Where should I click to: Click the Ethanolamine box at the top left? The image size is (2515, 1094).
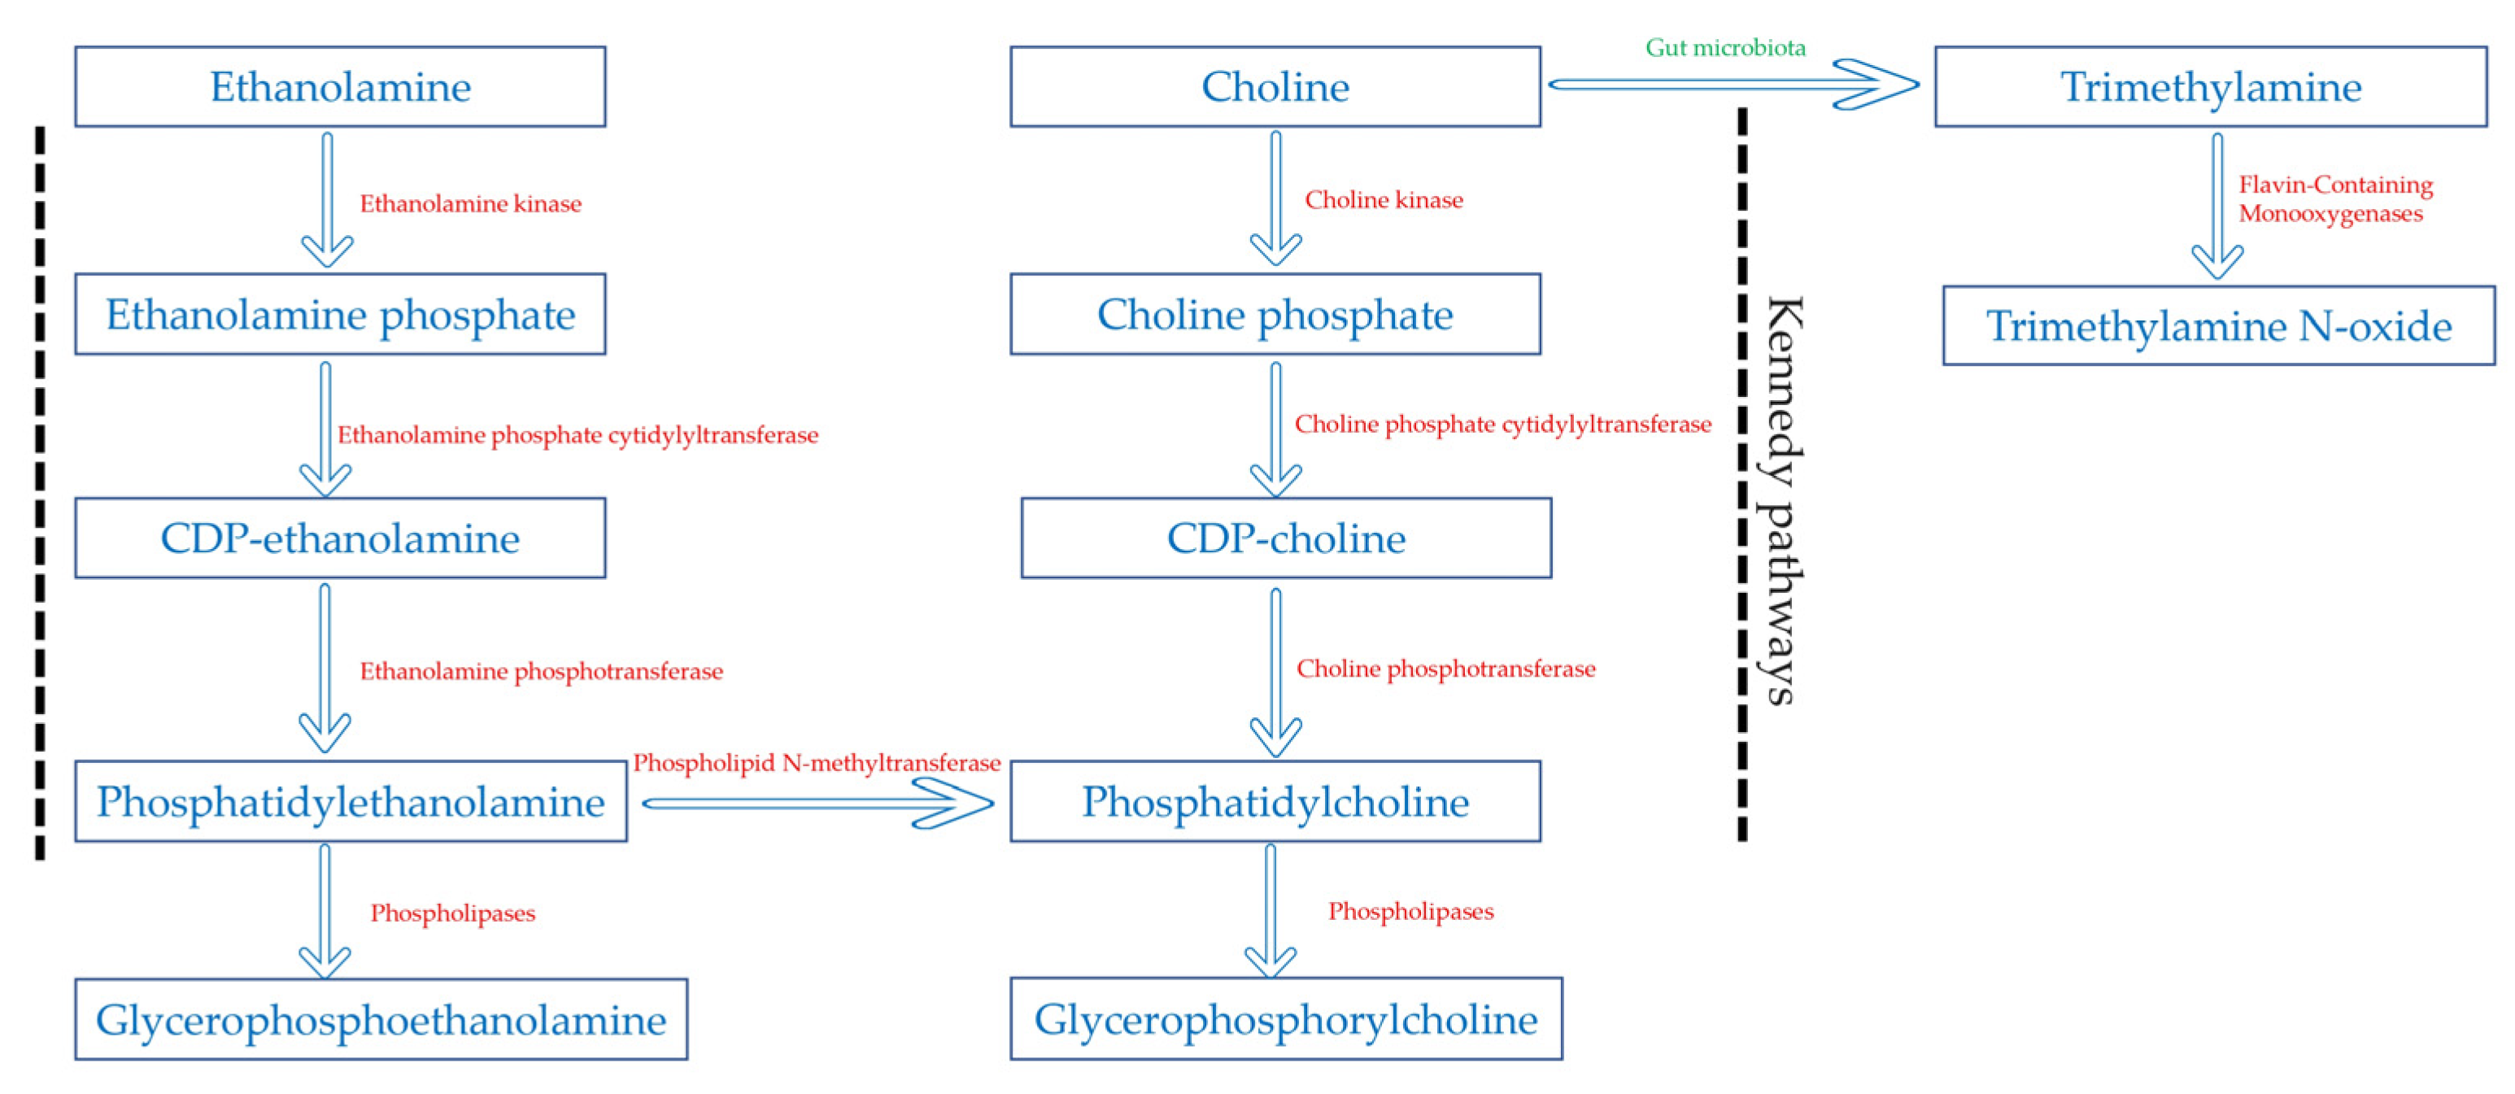coord(340,87)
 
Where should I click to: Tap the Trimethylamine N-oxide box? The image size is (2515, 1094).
coord(2218,326)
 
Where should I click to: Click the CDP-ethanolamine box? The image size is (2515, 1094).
coord(340,538)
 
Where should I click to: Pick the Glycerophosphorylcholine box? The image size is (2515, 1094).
coord(1285,1019)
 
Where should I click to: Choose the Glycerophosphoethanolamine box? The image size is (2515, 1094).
coord(381,1020)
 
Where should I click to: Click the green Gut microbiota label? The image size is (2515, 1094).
coord(1724,47)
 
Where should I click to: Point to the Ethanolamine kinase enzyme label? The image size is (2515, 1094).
coord(471,204)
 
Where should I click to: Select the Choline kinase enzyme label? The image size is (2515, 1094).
coord(1384,200)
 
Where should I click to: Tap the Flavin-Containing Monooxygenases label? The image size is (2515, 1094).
coord(2334,199)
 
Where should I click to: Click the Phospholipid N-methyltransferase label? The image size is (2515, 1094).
coord(816,763)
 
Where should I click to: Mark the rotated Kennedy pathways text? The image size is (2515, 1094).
coord(1782,499)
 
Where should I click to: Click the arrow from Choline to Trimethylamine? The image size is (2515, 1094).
coord(1733,85)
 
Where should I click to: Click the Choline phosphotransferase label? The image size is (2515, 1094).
coord(1445,669)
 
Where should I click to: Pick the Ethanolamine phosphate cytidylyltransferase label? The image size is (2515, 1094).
coord(577,435)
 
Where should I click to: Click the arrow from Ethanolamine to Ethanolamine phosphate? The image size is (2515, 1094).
coord(327,199)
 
